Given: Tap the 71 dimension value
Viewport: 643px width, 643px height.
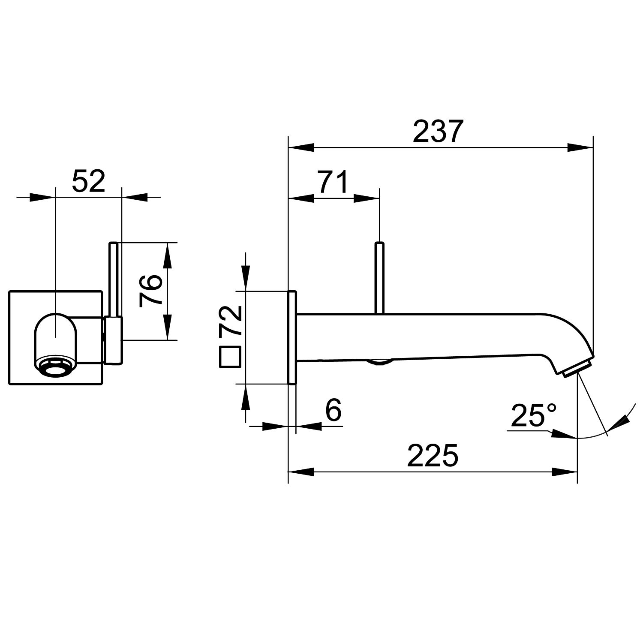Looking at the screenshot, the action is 333,182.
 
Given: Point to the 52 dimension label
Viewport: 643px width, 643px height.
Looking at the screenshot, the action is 88,181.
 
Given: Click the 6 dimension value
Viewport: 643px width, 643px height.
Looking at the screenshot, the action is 333,410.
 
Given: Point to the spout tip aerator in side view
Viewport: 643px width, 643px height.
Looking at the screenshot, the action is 577,368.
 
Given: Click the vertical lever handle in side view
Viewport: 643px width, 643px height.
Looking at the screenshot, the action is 379,278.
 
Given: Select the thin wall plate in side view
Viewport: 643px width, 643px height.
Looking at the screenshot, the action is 292,338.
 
